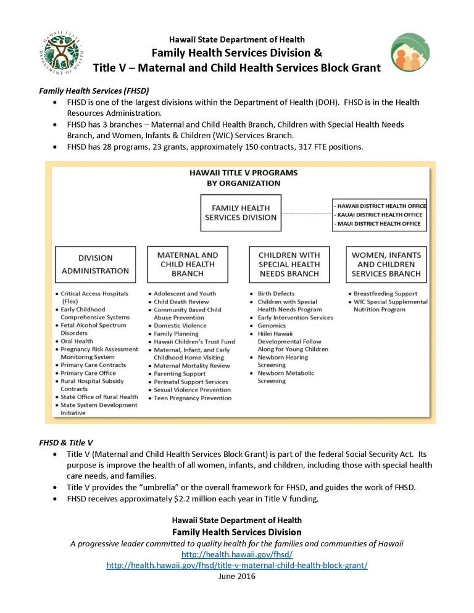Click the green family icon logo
411,52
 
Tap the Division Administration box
95,264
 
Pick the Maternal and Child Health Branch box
188,264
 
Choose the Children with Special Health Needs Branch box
289,264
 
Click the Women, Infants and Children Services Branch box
386,264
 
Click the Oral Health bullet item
77,341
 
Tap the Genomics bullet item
272,326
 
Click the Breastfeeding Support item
385,294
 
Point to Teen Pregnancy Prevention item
193,398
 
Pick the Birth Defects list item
276,294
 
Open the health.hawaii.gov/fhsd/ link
237,554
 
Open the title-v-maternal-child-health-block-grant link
237,566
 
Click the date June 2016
237,576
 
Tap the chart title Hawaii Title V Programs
243,173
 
